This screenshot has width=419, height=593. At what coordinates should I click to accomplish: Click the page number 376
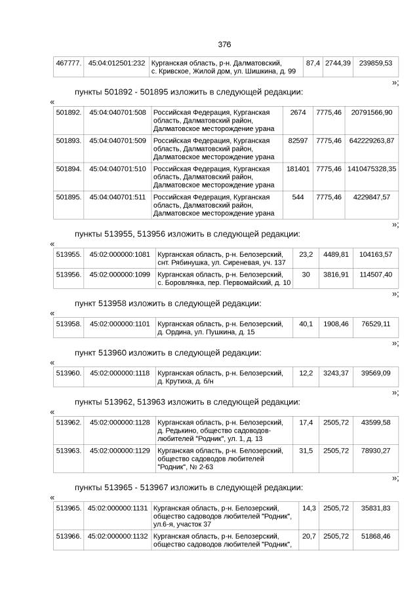pyautogui.click(x=224, y=45)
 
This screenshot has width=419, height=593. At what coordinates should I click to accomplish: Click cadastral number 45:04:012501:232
pyautogui.click(x=117, y=63)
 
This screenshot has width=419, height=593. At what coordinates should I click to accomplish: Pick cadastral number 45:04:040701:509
pyautogui.click(x=117, y=141)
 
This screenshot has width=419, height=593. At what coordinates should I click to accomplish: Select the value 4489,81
pyautogui.click(x=335, y=254)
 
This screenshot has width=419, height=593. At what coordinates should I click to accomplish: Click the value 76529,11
pyautogui.click(x=376, y=324)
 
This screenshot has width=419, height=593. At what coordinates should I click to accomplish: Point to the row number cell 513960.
pyautogui.click(x=69, y=373)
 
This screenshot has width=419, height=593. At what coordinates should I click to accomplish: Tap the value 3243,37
pyautogui.click(x=335, y=373)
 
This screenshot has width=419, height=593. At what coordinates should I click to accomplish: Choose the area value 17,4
pyautogui.click(x=306, y=423)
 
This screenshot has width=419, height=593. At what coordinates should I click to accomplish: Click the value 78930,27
pyautogui.click(x=376, y=451)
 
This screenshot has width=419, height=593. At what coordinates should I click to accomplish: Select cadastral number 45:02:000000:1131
pyautogui.click(x=117, y=508)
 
